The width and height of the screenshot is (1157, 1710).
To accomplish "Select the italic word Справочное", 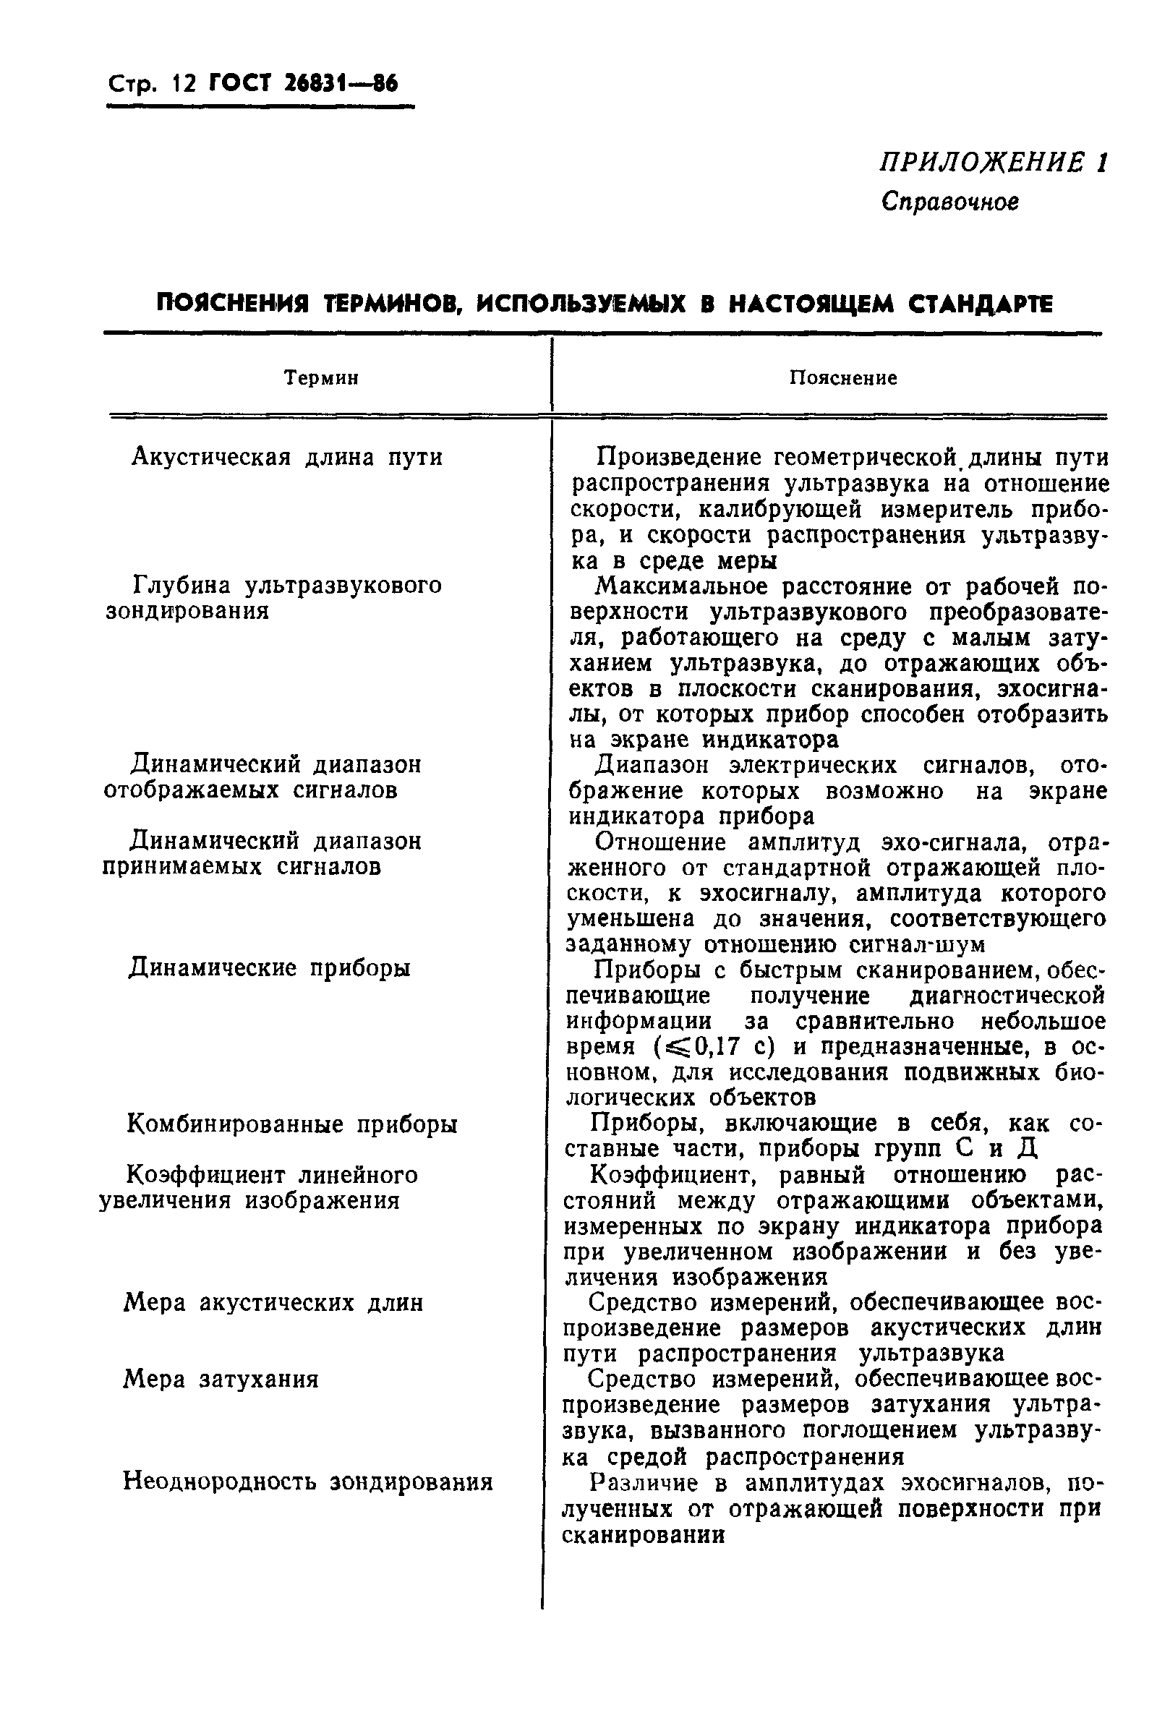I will point(949,202).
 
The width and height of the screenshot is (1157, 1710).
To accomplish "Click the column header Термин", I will point(322,378).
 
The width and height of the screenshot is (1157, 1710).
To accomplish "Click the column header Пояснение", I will point(842,378).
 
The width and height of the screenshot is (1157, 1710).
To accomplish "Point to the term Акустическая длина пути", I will point(287,458).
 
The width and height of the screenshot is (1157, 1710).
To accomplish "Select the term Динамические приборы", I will point(270,967).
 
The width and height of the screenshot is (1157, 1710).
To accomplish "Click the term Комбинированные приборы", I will point(292,1125).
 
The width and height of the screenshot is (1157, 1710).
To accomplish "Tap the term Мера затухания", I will point(221,1379).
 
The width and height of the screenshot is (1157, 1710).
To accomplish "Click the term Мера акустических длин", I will point(273,1303).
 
